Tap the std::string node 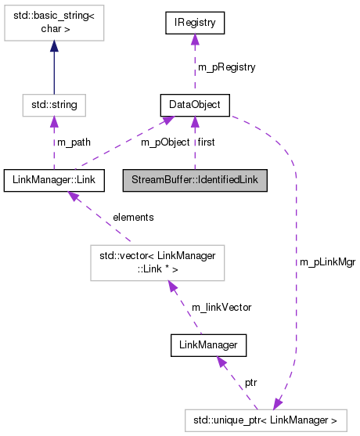[x=52, y=103]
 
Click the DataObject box [x=194, y=103]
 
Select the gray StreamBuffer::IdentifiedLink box [x=195, y=179]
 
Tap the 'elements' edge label [x=132, y=217]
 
